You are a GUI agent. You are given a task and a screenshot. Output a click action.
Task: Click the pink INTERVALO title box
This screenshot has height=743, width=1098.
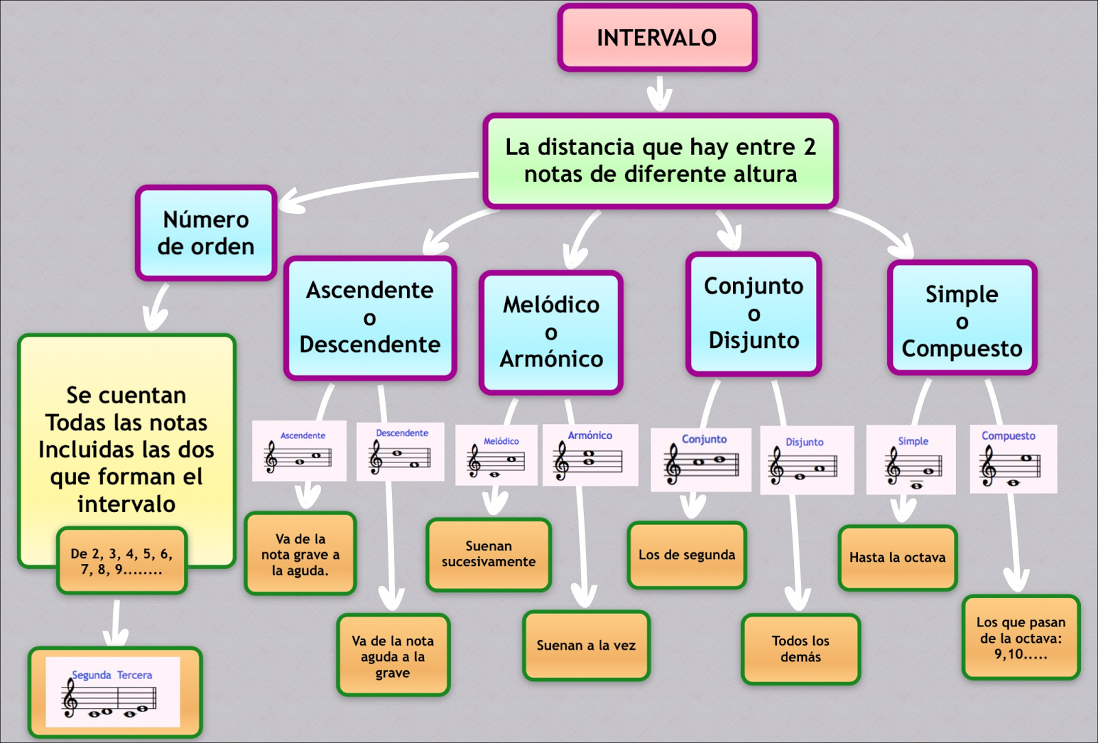tap(657, 38)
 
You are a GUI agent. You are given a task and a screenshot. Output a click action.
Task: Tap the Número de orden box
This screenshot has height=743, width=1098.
tap(206, 233)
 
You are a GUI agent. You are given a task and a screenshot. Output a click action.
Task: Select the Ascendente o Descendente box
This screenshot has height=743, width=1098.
tap(370, 318)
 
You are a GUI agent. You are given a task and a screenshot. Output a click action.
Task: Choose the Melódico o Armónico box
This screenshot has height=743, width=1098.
tap(551, 332)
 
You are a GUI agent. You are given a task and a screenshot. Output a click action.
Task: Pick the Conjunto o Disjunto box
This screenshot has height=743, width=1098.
tap(754, 314)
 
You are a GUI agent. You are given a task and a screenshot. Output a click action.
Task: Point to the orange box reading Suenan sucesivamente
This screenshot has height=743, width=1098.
tap(488, 554)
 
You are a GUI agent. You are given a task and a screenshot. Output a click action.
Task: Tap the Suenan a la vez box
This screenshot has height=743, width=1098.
tap(586, 646)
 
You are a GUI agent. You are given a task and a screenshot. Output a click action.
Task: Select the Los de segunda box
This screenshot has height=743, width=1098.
tap(686, 555)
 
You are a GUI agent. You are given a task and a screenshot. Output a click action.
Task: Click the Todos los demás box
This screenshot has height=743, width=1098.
tap(800, 649)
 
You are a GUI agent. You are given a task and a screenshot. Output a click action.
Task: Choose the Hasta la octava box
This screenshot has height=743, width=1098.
tap(897, 558)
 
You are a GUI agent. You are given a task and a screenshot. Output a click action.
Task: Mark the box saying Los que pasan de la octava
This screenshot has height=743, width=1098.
tap(1020, 638)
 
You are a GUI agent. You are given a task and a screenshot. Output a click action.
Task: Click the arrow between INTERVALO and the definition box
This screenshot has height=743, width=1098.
tap(659, 93)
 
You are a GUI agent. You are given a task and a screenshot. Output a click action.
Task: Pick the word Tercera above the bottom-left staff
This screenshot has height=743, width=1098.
tap(135, 675)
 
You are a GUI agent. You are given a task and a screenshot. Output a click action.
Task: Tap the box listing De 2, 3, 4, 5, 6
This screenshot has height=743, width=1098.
tap(121, 561)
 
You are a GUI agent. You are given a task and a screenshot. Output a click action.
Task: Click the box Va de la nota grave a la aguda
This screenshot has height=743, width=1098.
tap(300, 554)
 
